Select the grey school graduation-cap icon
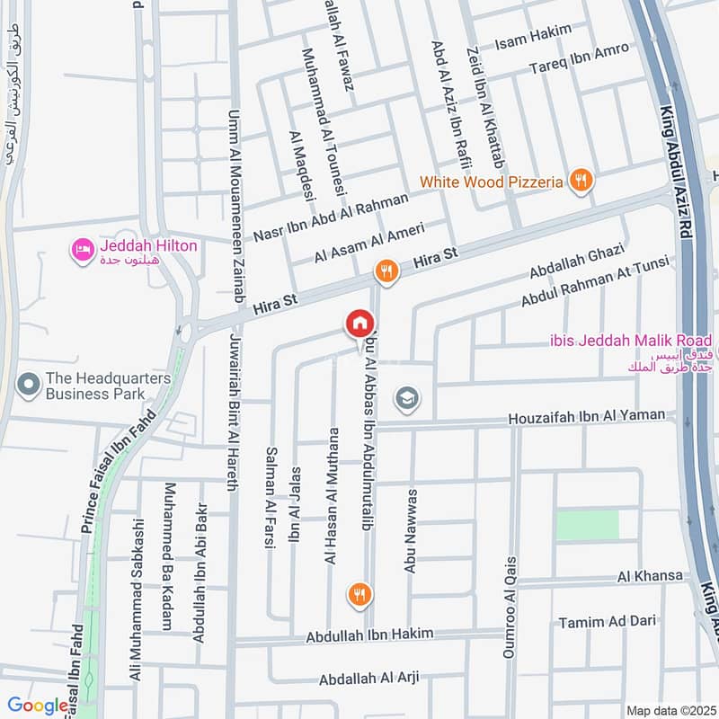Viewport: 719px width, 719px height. [x=407, y=398]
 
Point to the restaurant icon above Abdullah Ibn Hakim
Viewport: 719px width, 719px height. [x=359, y=594]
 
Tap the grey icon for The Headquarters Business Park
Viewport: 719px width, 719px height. [x=30, y=386]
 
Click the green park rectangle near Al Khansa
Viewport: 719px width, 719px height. [x=587, y=525]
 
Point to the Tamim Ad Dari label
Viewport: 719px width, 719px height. [x=608, y=621]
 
